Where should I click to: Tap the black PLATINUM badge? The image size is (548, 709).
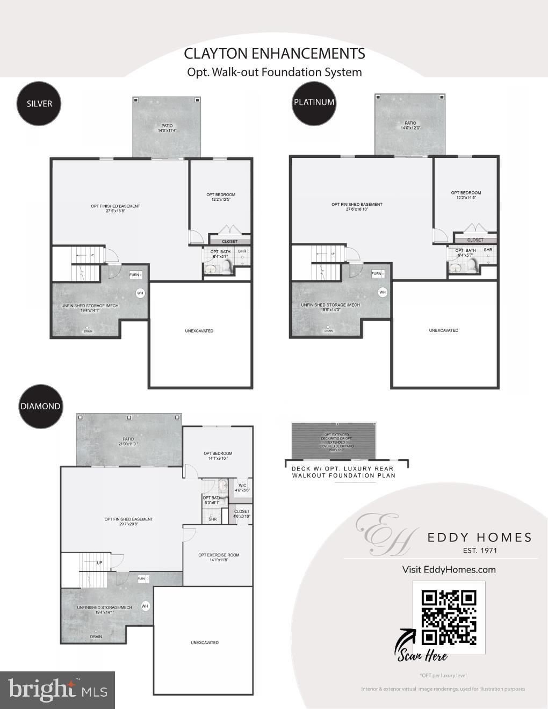[314, 102]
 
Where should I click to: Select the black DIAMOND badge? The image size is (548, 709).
[40, 407]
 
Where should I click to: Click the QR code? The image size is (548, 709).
[449, 617]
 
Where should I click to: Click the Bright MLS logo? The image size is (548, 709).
[57, 690]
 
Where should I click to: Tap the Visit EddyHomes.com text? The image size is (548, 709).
[449, 569]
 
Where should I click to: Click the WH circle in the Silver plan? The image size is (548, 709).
[140, 293]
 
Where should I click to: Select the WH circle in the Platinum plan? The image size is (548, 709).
[383, 292]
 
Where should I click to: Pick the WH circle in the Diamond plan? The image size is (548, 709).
[145, 606]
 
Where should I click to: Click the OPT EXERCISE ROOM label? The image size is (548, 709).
[219, 555]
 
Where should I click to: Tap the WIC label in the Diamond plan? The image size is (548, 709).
[242, 486]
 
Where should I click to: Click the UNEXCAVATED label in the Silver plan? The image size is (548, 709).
[199, 331]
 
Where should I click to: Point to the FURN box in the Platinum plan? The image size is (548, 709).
[377, 274]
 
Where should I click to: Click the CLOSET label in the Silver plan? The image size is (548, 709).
[229, 242]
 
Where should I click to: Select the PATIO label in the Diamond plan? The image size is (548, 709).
[128, 439]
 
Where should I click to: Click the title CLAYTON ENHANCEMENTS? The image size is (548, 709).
[274, 54]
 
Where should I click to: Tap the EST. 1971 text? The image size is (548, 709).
[480, 551]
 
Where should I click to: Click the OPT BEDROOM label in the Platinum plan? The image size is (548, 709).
[466, 193]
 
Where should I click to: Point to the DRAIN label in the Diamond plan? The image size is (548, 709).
[96, 636]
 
